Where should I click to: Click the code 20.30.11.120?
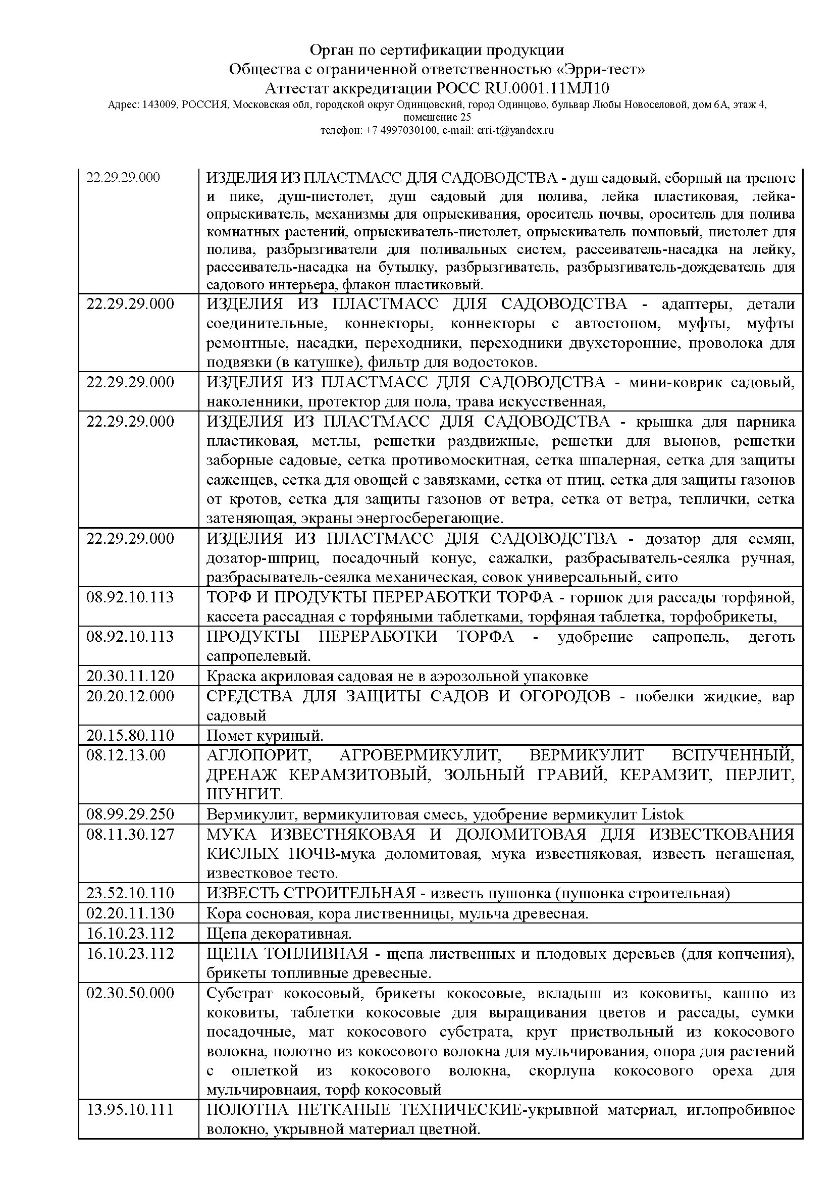click(x=130, y=676)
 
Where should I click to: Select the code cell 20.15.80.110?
click(x=130, y=736)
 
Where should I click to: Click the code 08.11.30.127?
click(x=130, y=834)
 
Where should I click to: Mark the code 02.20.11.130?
click(x=130, y=913)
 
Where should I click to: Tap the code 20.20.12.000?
click(x=130, y=696)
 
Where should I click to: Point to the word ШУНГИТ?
click(x=244, y=795)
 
